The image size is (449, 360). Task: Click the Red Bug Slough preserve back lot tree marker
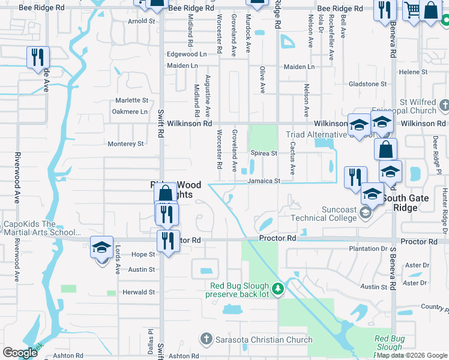pos(277,289)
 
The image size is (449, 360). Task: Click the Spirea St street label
pos(264,154)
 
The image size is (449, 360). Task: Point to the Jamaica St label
pos(264,181)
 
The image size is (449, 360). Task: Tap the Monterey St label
pos(125,144)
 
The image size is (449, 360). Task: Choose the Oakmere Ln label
pos(130,112)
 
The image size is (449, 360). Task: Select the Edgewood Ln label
pos(186,54)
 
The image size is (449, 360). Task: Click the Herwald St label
pos(139,292)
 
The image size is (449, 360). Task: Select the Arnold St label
pos(141,21)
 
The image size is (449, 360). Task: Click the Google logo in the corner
pos(20,353)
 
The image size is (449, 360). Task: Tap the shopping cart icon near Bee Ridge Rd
pos(411,10)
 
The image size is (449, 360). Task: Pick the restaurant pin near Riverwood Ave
pos(38,58)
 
